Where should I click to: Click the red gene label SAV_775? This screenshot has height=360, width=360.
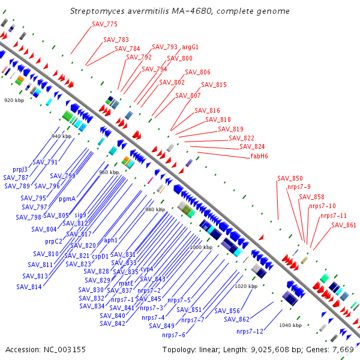[105, 24]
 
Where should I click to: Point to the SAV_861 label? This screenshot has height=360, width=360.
[344, 226]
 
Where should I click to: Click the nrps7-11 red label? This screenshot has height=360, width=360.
[333, 215]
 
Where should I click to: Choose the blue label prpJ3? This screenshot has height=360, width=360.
[20, 169]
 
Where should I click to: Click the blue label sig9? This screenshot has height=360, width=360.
[80, 215]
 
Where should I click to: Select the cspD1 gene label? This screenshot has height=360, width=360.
[100, 256]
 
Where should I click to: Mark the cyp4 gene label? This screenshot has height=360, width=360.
[147, 269]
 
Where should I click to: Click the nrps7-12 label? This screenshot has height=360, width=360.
[250, 331]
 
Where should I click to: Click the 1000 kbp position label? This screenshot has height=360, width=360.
[199, 247]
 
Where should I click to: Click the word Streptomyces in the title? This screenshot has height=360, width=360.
[98, 11]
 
